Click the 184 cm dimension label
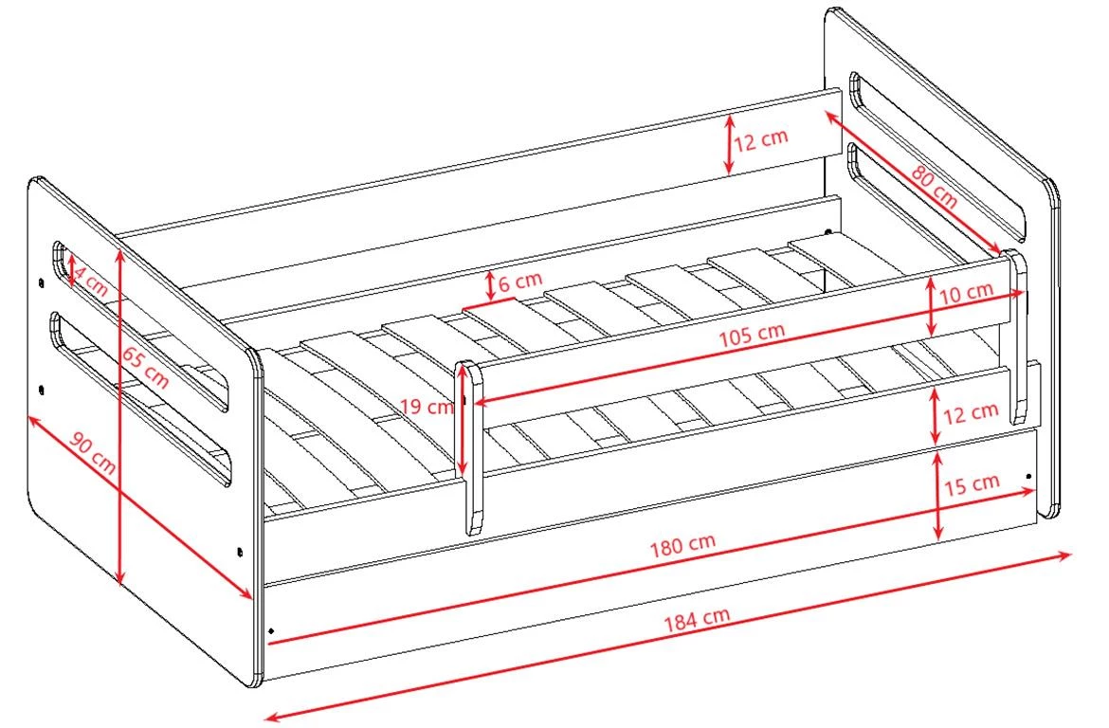click(696, 619)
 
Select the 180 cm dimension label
click(682, 544)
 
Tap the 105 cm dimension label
click(751, 335)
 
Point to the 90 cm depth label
click(93, 452)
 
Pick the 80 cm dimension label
click(934, 186)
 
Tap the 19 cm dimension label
click(427, 407)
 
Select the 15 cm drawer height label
click(972, 484)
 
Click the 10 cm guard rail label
click(966, 291)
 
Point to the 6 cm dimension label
click(519, 282)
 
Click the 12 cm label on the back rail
click(760, 139)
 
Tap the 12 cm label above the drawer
click(971, 411)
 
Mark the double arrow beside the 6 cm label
click(490, 284)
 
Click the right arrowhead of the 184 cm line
click(1066, 556)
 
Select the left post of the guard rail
click(468, 447)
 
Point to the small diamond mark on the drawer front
click(272, 629)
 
